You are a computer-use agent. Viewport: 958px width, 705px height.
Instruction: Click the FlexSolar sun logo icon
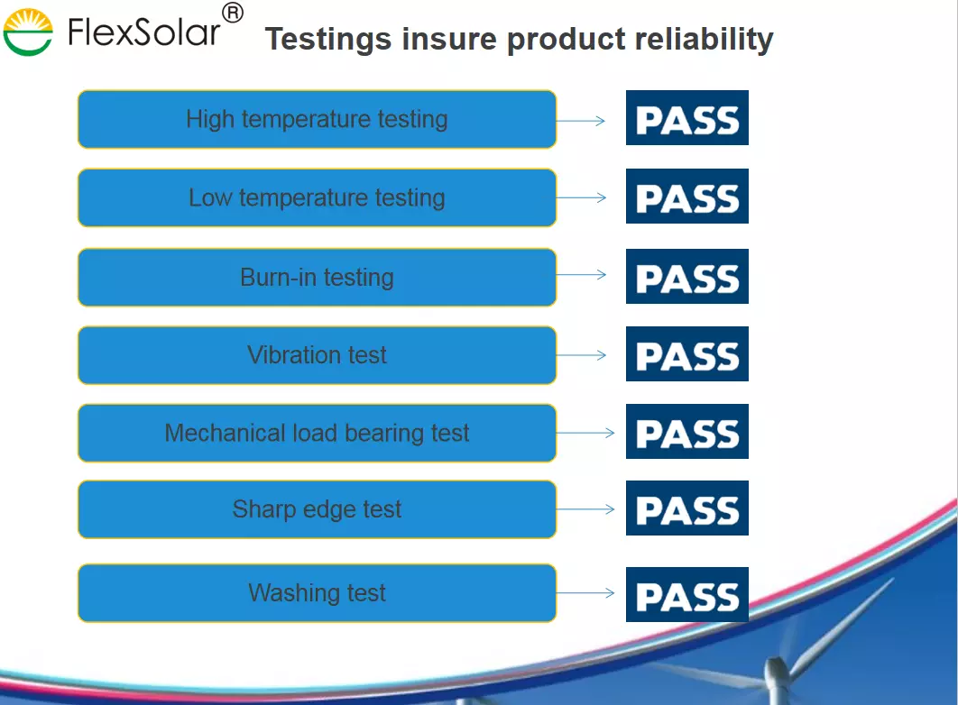28,32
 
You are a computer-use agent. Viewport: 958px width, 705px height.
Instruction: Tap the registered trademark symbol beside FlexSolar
232,13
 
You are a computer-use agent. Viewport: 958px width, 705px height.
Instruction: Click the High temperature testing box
318,119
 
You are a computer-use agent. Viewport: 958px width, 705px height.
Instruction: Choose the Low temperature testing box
318,197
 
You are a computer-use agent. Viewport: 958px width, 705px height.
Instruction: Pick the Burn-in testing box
318,277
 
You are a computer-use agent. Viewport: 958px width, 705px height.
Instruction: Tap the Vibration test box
318,355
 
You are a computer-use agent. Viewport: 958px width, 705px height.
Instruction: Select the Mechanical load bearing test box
318,433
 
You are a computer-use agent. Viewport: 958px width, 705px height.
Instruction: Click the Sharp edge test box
318,509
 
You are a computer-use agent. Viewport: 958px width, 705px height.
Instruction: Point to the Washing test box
318,592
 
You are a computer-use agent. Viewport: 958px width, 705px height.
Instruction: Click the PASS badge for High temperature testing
687,118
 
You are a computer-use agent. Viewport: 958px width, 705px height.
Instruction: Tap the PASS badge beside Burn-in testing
687,276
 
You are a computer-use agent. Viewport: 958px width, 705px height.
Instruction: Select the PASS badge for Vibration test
687,354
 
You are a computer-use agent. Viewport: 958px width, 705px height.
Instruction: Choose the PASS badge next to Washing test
687,594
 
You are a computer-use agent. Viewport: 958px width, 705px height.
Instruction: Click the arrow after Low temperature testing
581,197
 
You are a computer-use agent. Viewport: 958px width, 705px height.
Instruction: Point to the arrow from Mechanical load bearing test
585,433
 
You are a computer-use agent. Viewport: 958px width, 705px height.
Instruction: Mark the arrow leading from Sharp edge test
585,509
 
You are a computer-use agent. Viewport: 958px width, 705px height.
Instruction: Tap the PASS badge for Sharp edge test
687,508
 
